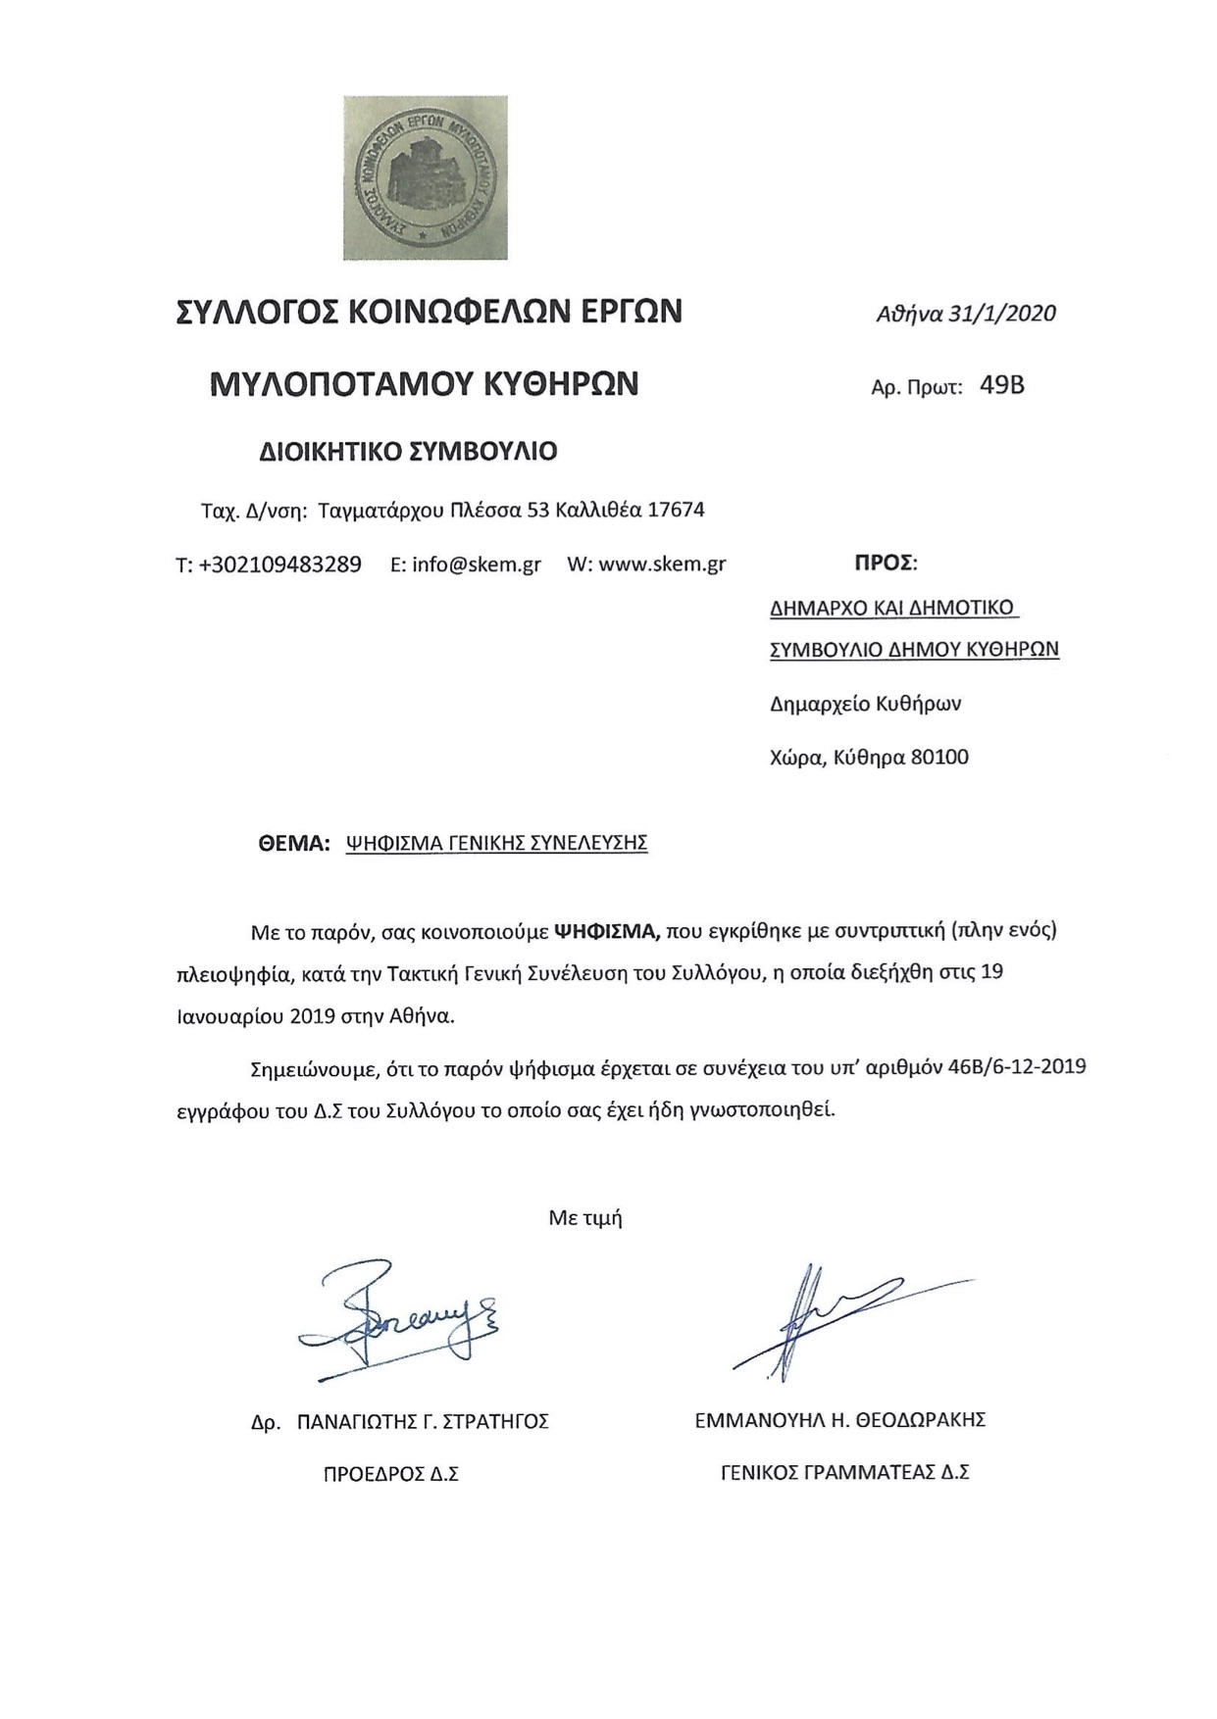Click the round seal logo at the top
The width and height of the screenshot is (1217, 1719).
click(425, 177)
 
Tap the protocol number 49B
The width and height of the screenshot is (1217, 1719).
click(1001, 385)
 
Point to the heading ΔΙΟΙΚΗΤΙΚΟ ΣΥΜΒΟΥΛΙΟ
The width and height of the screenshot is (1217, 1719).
click(407, 451)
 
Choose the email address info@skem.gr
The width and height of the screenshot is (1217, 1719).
click(477, 565)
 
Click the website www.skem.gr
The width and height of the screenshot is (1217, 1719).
click(662, 565)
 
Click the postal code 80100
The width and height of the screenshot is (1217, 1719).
click(939, 757)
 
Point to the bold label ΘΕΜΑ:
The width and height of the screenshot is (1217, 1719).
click(294, 843)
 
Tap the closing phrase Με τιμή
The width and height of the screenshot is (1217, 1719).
click(585, 1218)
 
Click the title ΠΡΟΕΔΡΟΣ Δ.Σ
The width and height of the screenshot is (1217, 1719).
click(391, 1474)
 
